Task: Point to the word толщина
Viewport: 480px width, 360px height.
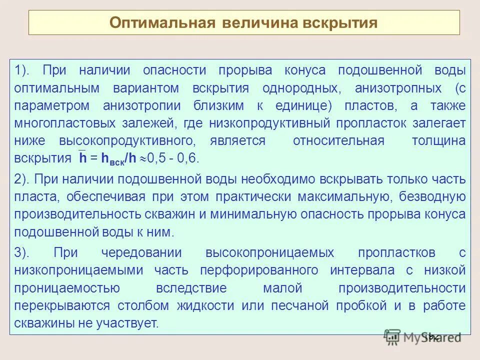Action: (x=438, y=141)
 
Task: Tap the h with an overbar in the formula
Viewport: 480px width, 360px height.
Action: (x=82, y=158)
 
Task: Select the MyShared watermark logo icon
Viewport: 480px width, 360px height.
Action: (x=392, y=338)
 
